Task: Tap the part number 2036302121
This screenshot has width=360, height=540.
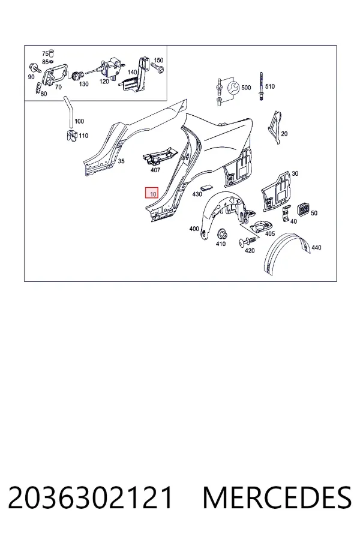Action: [x=90, y=497]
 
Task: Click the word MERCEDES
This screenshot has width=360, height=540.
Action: [x=277, y=497]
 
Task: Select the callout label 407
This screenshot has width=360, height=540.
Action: [x=155, y=170]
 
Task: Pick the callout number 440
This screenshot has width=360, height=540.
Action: [x=316, y=247]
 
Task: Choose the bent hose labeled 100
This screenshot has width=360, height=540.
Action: [x=68, y=113]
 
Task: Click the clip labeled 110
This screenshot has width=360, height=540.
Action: [x=71, y=136]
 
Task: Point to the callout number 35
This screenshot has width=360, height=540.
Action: [x=121, y=161]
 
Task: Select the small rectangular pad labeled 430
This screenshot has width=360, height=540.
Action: [x=206, y=187]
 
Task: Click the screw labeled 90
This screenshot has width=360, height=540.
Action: [x=35, y=67]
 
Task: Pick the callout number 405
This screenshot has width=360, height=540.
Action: [x=270, y=233]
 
